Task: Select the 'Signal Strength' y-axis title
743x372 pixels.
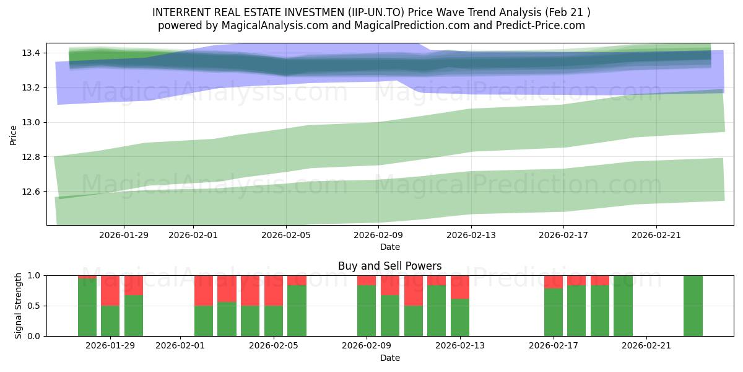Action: pyautogui.click(x=19, y=306)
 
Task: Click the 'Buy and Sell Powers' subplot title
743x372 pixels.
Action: pyautogui.click(x=389, y=266)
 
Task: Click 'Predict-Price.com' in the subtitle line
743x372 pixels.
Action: pyautogui.click(x=544, y=25)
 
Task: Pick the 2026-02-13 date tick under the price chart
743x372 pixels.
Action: pyautogui.click(x=471, y=235)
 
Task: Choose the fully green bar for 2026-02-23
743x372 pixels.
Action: pyautogui.click(x=693, y=306)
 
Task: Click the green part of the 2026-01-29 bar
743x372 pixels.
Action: pyautogui.click(x=110, y=321)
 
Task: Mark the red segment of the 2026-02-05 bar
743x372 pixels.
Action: pyautogui.click(x=274, y=290)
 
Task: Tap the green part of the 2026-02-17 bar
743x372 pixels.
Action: pyautogui.click(x=554, y=312)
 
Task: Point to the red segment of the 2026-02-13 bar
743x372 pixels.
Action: pyautogui.click(x=460, y=287)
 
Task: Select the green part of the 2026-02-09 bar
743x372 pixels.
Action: pyautogui.click(x=367, y=311)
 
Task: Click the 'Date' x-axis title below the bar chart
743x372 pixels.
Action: pyautogui.click(x=389, y=358)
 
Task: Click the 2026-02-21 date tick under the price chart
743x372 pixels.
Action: pyautogui.click(x=656, y=235)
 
